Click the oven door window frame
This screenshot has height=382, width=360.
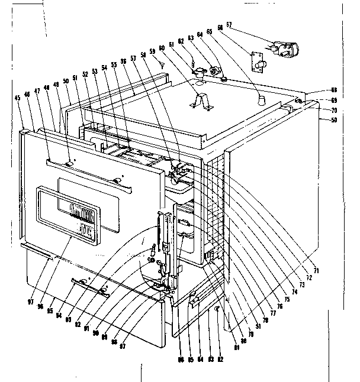(67, 214)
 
